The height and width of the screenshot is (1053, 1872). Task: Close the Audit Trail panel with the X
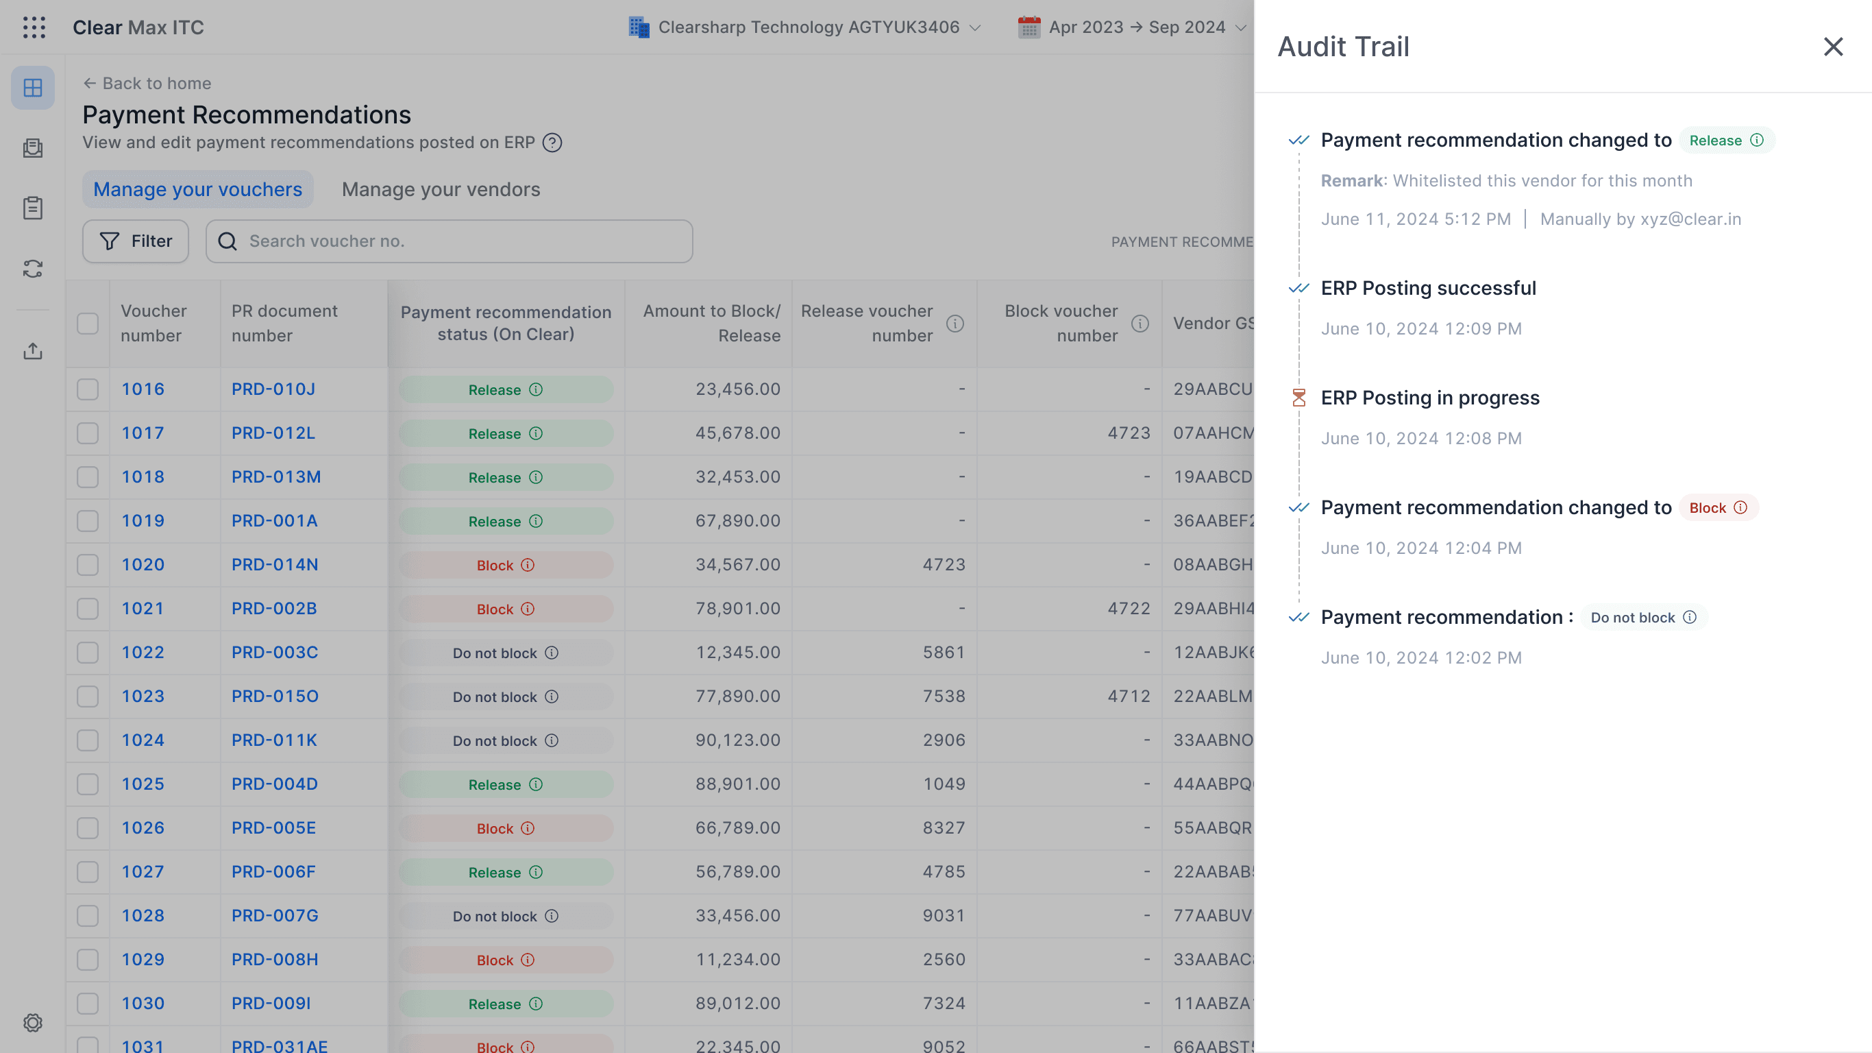pos(1833,47)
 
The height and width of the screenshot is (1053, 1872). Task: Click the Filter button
pos(135,241)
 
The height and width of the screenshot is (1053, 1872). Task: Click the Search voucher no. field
pos(449,241)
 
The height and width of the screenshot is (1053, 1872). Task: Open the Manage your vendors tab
pos(441,189)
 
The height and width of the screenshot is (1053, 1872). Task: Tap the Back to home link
pos(147,84)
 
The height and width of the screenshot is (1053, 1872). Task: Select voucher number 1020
pos(143,565)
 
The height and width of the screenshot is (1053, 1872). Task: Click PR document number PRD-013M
pos(276,477)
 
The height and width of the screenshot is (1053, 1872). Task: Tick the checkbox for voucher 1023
pos(88,697)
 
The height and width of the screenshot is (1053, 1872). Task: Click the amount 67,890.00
pos(737,521)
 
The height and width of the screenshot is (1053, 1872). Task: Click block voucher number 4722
pos(1129,609)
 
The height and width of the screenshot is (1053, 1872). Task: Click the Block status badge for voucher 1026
pos(506,828)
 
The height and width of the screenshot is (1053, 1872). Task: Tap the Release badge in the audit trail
pos(1726,141)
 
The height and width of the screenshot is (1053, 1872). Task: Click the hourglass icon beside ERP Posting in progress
pos(1298,398)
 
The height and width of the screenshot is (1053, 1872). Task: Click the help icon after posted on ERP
pos(552,143)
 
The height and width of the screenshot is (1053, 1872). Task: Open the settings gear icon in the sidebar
pos(33,1022)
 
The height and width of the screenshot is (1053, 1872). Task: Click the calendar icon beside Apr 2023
pos(1029,27)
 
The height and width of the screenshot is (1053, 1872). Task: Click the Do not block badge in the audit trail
pos(1643,618)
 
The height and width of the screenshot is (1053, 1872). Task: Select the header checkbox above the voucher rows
pos(88,324)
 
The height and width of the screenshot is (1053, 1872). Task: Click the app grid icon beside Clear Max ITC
pos(34,27)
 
